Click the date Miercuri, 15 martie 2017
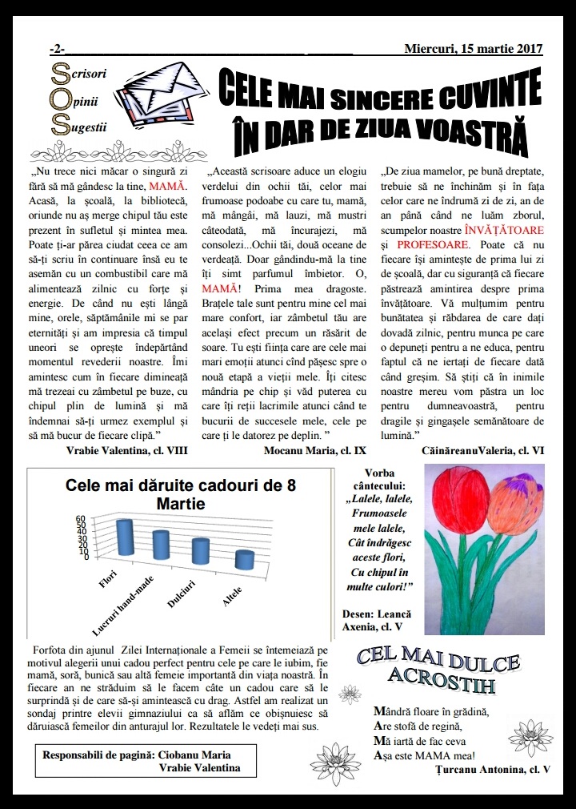click(474, 48)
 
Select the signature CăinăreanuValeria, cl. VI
click(482, 450)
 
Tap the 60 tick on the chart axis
click(80, 518)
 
